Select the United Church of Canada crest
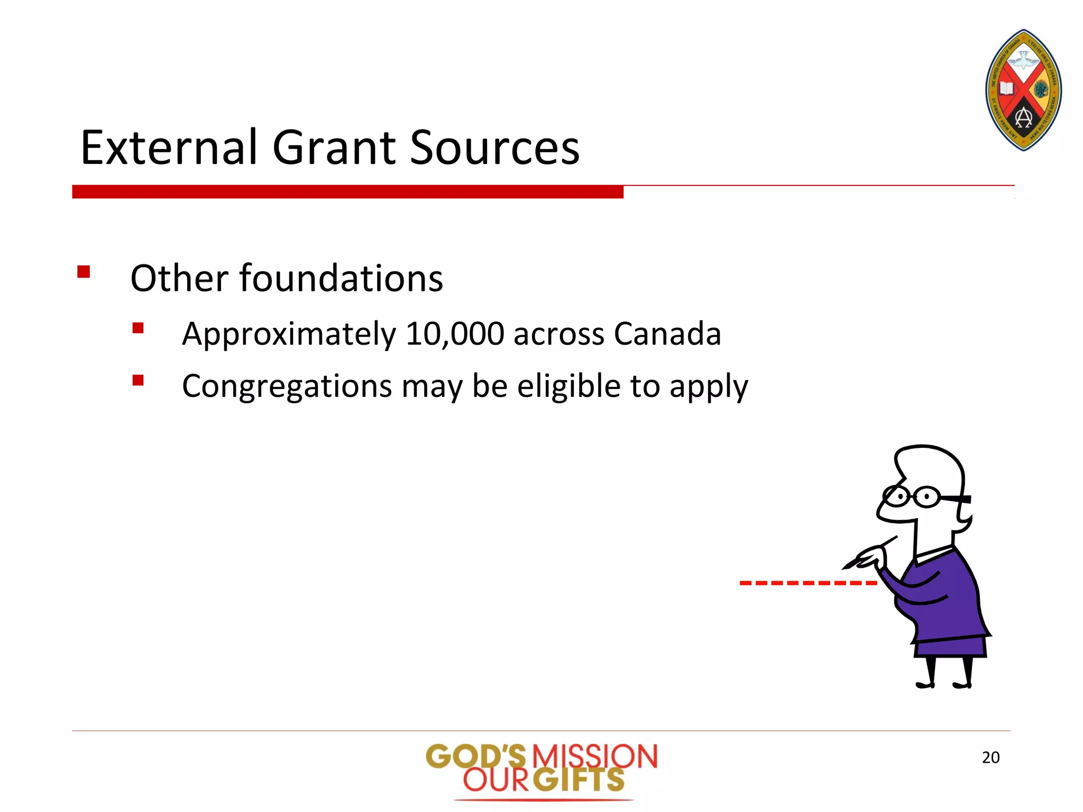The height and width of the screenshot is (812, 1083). click(1024, 90)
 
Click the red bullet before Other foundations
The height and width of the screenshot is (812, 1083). click(84, 272)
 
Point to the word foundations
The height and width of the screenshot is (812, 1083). click(341, 279)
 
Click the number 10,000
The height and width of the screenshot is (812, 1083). click(454, 334)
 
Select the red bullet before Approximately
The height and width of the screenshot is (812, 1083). click(138, 328)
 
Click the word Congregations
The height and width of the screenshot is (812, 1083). click(287, 386)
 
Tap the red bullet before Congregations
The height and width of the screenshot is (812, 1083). click(138, 380)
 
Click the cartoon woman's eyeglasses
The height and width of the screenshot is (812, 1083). click(913, 496)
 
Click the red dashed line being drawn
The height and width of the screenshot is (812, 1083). click(808, 583)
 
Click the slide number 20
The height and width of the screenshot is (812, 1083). click(990, 758)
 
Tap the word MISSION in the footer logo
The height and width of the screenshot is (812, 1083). click(594, 756)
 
